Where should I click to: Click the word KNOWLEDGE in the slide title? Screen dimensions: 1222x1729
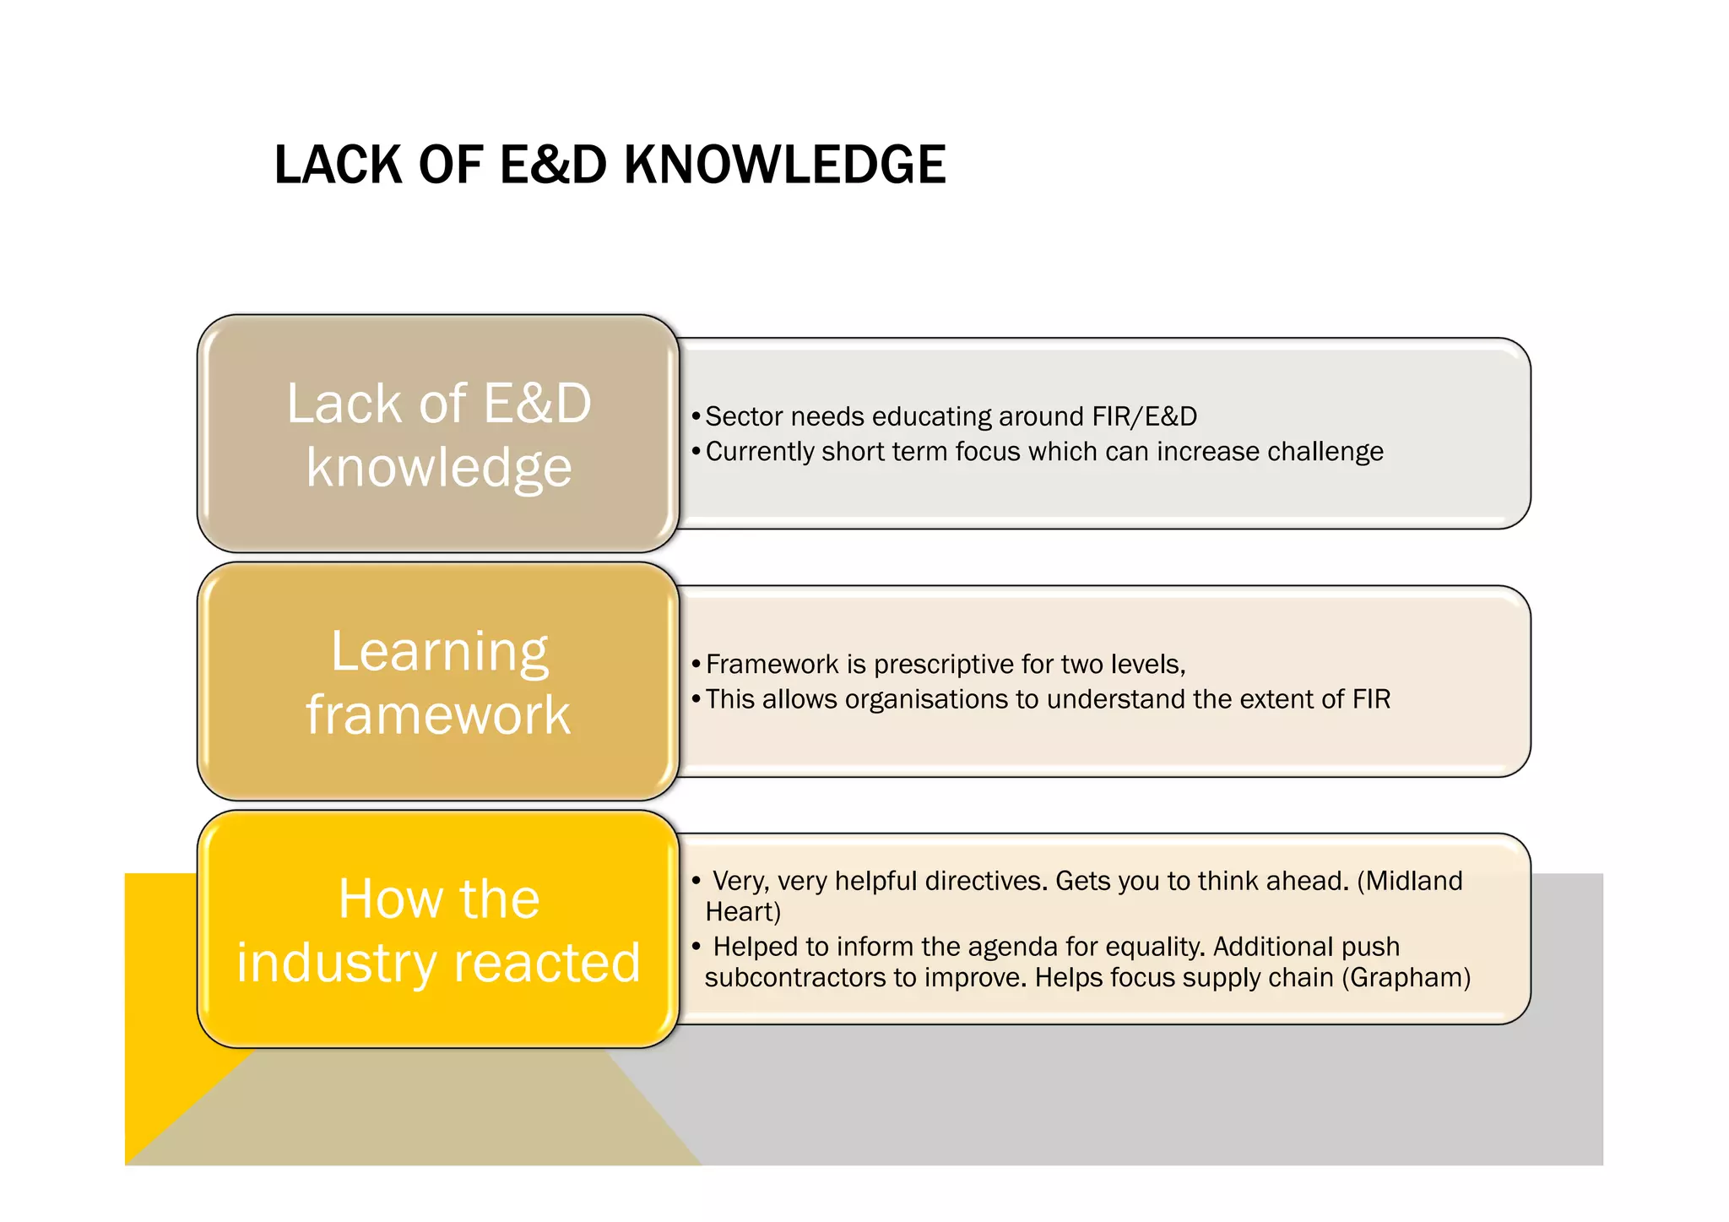tap(784, 165)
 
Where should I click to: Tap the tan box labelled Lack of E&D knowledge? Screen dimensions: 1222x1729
tap(438, 433)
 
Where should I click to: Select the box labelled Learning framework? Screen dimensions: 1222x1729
tap(438, 682)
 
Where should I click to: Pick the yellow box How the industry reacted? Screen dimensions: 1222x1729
tap(438, 929)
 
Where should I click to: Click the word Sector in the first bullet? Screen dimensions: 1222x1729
tap(744, 416)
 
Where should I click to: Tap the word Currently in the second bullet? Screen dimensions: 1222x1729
tap(759, 452)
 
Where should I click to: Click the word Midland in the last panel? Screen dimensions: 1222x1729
tap(1414, 881)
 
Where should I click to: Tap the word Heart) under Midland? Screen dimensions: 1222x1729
tap(743, 912)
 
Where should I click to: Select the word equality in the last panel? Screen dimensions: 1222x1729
tap(1152, 947)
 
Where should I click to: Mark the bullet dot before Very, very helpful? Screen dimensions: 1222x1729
tap(696, 881)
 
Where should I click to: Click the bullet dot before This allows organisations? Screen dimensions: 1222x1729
tap(696, 699)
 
